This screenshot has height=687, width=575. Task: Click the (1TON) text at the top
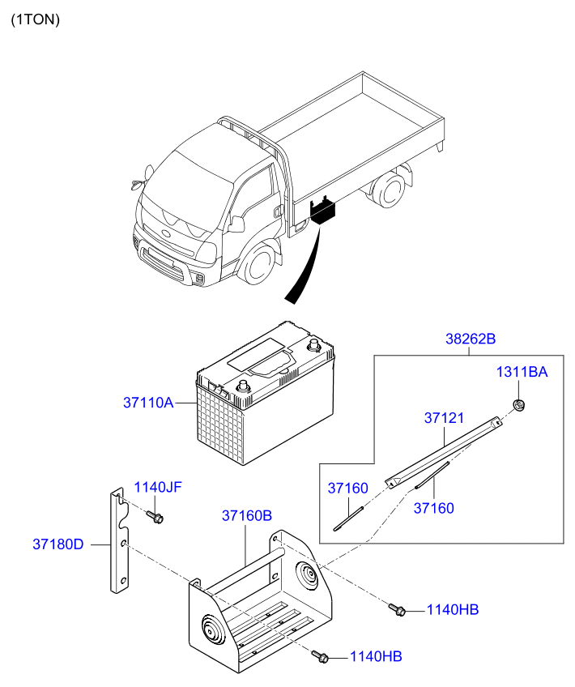(35, 19)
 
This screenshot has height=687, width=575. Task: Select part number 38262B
(471, 339)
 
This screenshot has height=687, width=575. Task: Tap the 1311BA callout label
(522, 372)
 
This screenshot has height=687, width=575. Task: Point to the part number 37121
(444, 418)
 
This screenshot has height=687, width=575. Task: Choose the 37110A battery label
(148, 402)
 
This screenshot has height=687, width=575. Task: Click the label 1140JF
(158, 487)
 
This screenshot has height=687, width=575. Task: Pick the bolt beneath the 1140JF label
(155, 517)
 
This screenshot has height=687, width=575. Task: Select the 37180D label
(58, 544)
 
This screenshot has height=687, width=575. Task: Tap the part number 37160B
(247, 516)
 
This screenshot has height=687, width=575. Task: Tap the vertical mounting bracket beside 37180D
(119, 540)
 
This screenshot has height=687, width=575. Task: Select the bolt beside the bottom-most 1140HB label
(320, 656)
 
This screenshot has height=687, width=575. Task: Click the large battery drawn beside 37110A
(266, 393)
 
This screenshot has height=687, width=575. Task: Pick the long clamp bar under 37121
(443, 452)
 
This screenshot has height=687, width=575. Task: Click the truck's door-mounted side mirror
(236, 224)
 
